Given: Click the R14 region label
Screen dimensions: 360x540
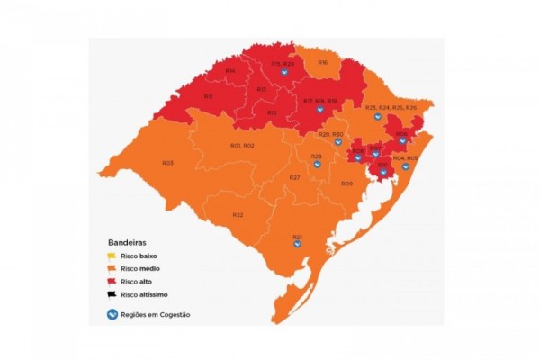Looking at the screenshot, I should coord(230,70).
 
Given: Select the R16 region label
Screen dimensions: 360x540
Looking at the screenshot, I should coord(322,62).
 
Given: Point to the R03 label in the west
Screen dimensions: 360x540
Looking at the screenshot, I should coord(167,163).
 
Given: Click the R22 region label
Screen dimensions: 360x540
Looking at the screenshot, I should coord(238,214).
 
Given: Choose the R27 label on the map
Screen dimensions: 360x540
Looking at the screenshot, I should coord(294,177).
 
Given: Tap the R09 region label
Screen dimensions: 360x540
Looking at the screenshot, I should coord(346,184).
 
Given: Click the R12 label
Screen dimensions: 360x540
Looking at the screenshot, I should coord(272,112).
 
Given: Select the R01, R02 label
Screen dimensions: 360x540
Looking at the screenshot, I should coord(242,146).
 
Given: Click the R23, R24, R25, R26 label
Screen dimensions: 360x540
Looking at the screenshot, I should coord(391,108).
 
